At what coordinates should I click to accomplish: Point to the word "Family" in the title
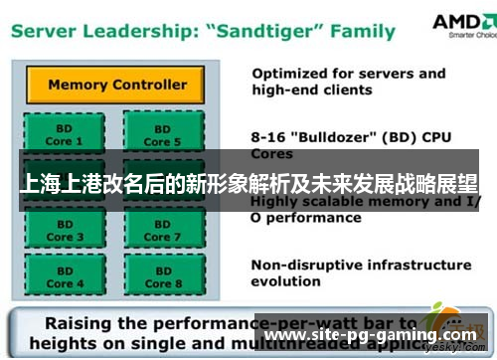[x=363, y=33]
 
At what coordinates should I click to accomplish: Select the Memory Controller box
[x=116, y=85]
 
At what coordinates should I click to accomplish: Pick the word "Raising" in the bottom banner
[x=86, y=324]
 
